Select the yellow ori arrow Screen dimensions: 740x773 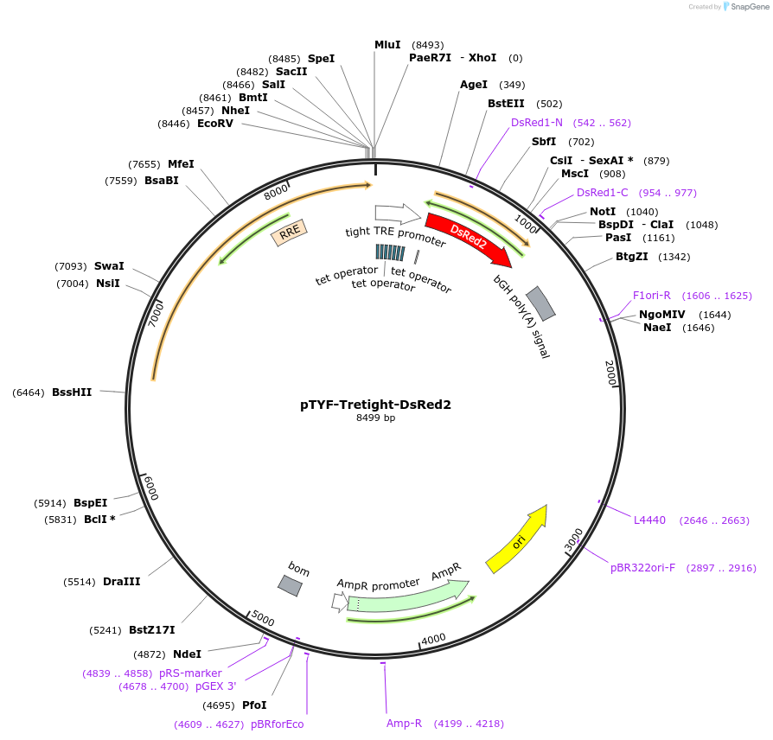coord(516,539)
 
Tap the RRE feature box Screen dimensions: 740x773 coord(289,231)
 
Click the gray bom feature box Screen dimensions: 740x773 coord(290,585)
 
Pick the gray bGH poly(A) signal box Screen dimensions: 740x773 coord(540,302)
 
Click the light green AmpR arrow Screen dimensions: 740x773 coord(406,595)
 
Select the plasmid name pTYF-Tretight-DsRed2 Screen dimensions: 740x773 coord(375,404)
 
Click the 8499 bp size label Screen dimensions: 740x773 coord(375,418)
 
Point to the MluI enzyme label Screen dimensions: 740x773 coord(387,44)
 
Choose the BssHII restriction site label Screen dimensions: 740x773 coord(72,392)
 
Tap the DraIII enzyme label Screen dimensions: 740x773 coord(122,582)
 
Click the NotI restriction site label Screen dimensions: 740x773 coord(603,212)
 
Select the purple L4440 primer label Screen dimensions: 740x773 coord(649,520)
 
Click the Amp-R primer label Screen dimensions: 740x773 coord(404,724)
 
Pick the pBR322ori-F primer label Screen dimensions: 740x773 coord(642,568)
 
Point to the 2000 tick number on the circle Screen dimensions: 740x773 coord(610,373)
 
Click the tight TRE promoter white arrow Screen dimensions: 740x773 coord(397,214)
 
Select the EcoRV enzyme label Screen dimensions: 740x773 coord(215,124)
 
